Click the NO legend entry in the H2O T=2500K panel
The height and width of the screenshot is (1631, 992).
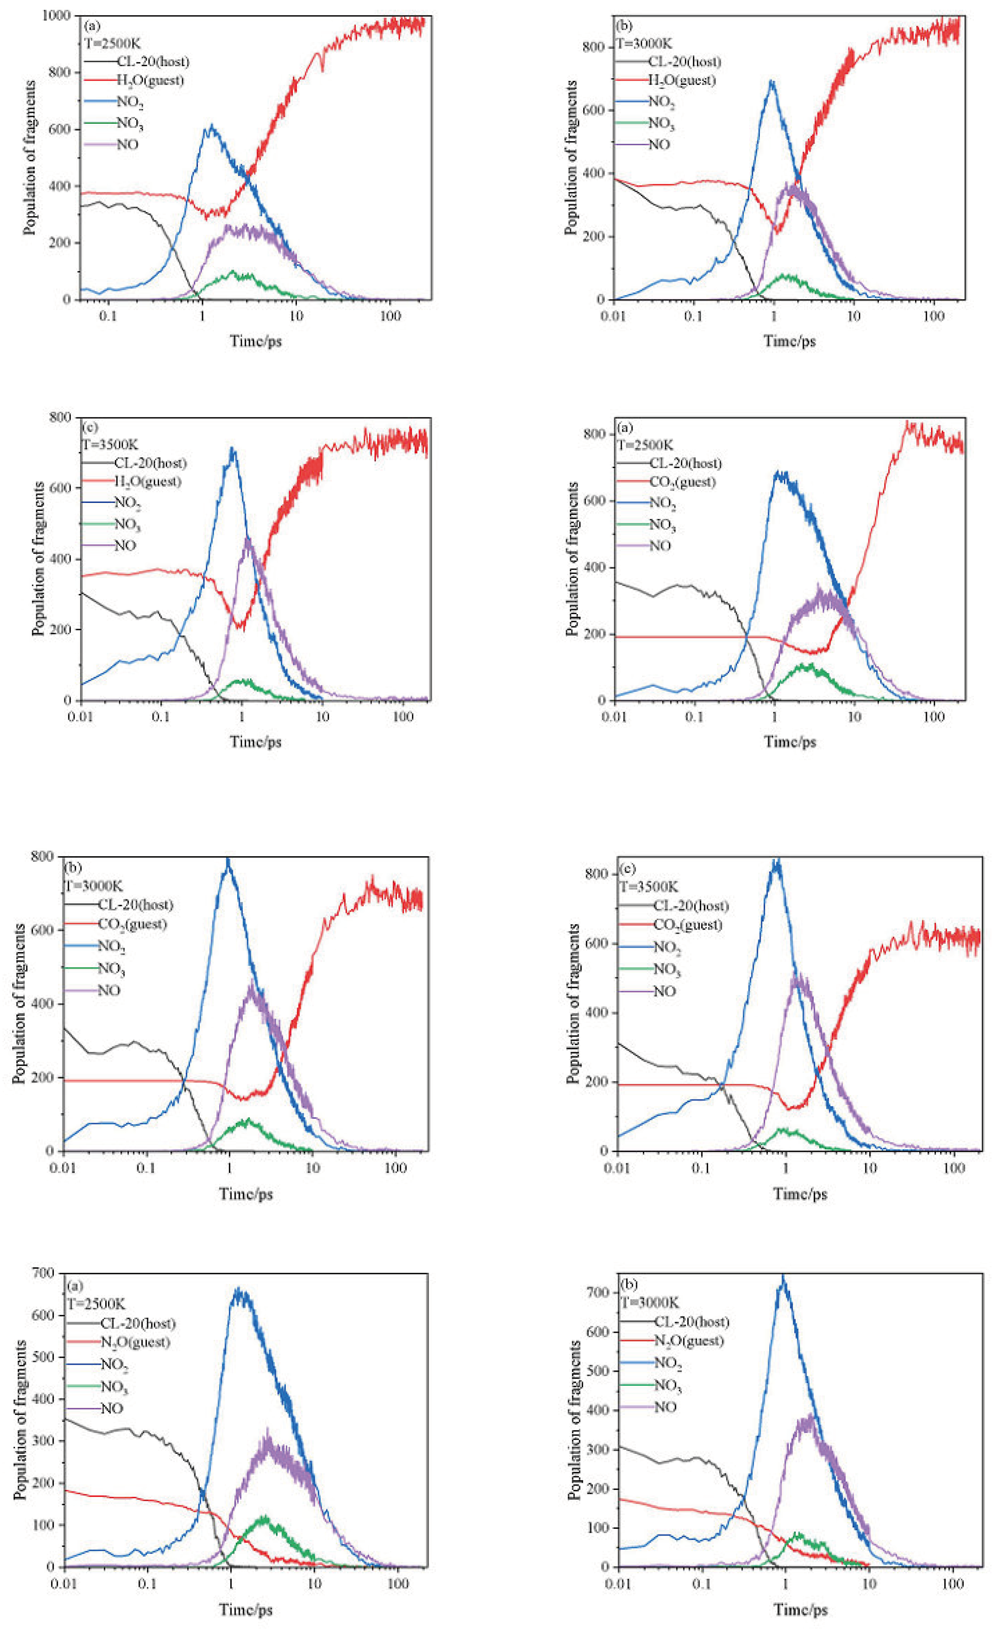(127, 144)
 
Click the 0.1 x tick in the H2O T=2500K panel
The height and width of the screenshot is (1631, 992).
(108, 316)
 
